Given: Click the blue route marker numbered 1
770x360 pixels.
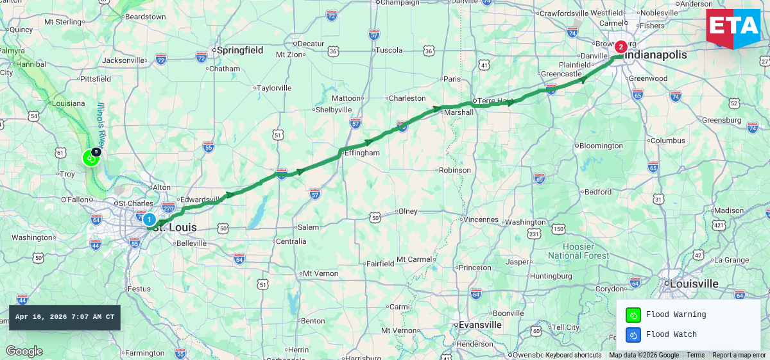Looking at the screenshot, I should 149,219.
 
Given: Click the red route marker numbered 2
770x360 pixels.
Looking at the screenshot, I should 620,47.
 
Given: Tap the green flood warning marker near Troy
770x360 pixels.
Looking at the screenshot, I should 90,157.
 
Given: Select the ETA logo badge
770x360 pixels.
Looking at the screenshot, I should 733,28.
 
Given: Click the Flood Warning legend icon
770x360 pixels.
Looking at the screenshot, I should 633,315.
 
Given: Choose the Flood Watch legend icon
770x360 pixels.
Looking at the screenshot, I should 633,334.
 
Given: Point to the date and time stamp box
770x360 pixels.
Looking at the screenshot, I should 65,317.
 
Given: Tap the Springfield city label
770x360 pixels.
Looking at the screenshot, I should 240,50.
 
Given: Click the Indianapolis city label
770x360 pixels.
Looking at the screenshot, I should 655,55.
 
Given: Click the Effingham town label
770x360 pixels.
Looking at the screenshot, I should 362,153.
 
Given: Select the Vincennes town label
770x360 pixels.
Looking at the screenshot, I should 481,219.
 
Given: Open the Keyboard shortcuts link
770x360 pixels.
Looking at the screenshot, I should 573,355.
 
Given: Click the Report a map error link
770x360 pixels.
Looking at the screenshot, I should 739,355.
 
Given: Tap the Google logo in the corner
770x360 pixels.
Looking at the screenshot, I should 24,351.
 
